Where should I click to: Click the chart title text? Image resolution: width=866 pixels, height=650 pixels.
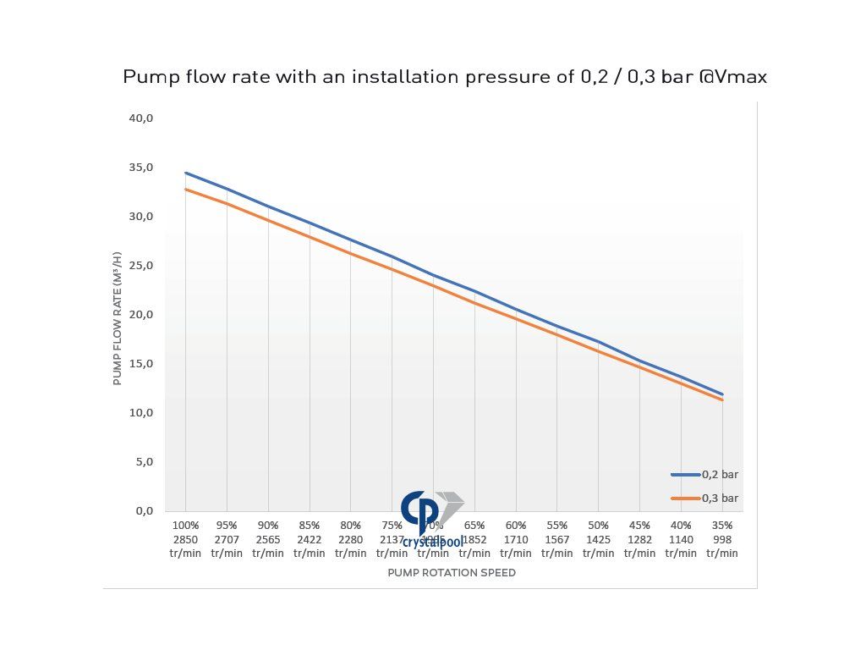tap(445, 77)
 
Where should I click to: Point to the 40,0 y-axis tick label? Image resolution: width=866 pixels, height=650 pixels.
tap(140, 118)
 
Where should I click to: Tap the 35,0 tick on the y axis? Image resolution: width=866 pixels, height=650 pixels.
tap(140, 168)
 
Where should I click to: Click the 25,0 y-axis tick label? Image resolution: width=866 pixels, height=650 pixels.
tap(140, 266)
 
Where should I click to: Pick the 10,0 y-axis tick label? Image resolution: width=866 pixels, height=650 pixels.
tap(140, 413)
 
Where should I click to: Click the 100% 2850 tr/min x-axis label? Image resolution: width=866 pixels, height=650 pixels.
tap(185, 539)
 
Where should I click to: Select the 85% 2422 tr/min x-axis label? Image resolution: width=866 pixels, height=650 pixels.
tap(310, 539)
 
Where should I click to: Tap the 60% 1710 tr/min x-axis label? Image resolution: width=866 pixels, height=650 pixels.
tap(516, 539)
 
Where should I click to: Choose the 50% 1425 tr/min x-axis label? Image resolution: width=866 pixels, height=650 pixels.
tap(598, 539)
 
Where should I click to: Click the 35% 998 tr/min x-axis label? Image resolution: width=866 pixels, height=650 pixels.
tap(722, 539)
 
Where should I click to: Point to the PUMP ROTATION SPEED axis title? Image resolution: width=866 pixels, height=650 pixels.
tap(452, 573)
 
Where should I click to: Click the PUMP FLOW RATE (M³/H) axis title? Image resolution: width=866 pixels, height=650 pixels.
tap(118, 318)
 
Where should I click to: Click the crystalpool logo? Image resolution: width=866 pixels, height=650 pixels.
tap(431, 518)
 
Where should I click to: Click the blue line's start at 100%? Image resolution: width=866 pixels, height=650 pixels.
tap(186, 173)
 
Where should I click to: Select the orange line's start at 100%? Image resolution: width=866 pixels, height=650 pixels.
tap(186, 189)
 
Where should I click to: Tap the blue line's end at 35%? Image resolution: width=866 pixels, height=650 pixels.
tap(722, 394)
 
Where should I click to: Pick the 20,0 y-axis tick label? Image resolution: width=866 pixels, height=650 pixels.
tap(140, 315)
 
